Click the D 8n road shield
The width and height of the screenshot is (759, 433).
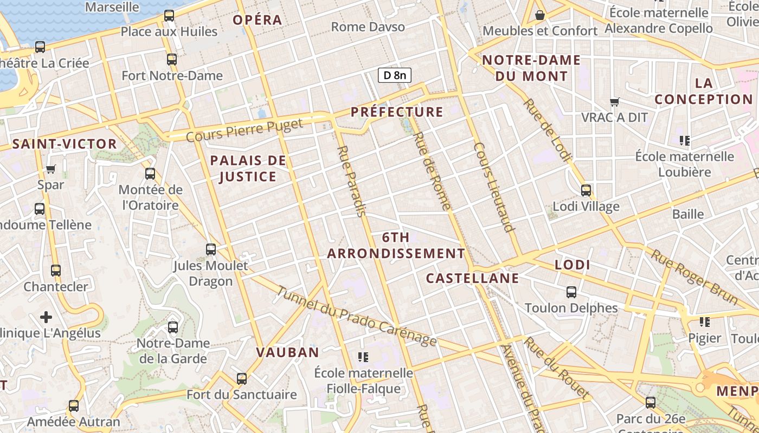[394, 75]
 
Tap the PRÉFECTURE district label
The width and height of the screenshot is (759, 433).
[397, 112]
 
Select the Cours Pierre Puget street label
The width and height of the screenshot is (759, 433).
[245, 130]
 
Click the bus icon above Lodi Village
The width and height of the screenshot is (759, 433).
[586, 191]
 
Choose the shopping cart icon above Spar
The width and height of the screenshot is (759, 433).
[51, 169]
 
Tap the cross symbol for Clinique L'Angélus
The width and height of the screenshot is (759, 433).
[46, 317]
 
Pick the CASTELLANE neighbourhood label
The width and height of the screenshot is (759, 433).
[472, 279]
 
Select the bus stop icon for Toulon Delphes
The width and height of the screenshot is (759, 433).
[571, 292]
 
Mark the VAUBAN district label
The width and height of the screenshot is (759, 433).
[287, 352]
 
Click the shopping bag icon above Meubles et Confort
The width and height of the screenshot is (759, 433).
[540, 15]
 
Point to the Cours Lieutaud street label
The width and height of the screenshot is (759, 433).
[493, 187]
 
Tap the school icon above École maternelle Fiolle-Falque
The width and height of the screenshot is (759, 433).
[363, 357]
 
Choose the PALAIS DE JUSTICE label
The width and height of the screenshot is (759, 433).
[248, 168]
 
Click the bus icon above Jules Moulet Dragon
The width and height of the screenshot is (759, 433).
[211, 250]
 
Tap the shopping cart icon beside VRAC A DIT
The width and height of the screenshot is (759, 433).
[615, 102]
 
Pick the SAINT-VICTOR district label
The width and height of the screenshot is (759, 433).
[65, 144]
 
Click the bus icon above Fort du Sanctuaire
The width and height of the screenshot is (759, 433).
[242, 379]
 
